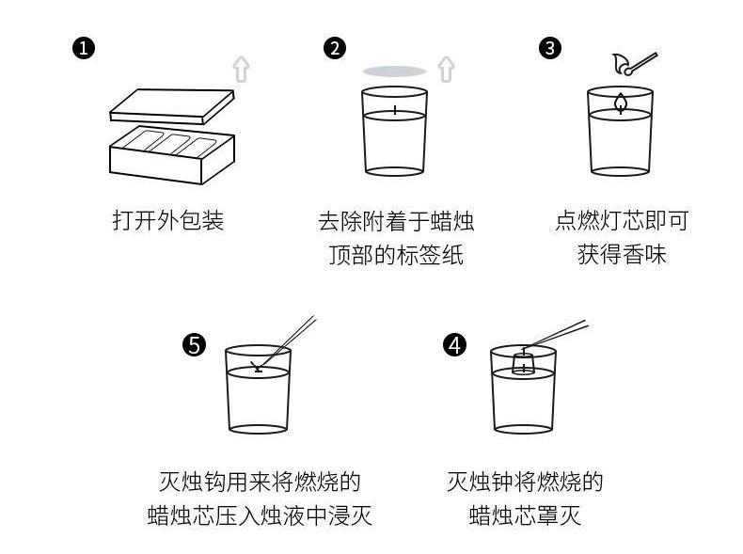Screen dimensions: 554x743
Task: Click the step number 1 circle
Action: [x=84, y=48]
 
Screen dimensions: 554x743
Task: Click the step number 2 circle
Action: [x=334, y=48]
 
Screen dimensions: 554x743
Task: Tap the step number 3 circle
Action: [x=551, y=48]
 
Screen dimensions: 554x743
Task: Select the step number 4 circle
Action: [x=454, y=345]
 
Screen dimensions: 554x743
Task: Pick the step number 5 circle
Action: [x=194, y=345]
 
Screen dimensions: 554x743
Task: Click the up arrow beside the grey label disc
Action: [x=446, y=69]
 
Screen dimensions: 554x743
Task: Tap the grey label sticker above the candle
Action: [x=394, y=71]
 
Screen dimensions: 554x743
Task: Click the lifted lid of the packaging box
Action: [x=171, y=104]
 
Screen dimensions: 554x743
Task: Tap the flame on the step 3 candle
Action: [x=620, y=102]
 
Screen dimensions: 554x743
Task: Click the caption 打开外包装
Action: [x=168, y=221]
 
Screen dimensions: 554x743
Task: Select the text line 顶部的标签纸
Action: [x=395, y=256]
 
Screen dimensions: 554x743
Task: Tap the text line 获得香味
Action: [x=622, y=256]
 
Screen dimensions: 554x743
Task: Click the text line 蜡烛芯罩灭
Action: [x=525, y=515]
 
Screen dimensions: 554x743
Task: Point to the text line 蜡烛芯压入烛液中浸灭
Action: [x=260, y=515]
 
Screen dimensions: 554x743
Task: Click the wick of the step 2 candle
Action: [x=395, y=110]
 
